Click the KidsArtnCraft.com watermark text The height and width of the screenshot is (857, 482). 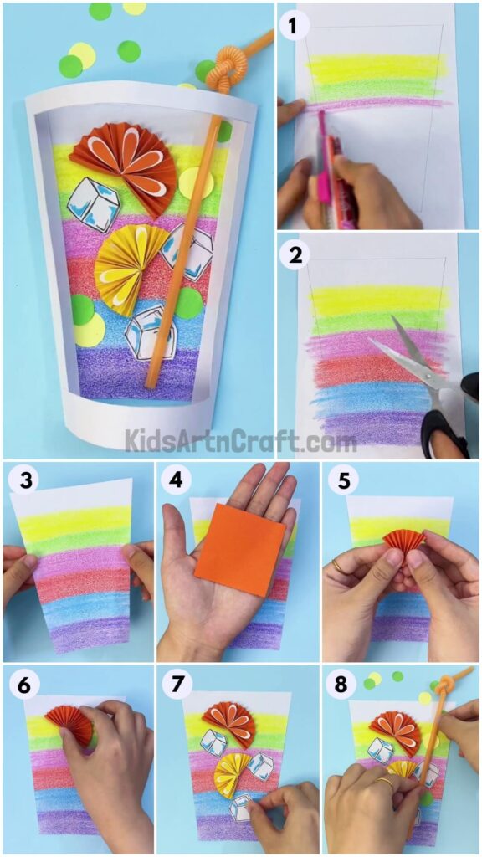[241, 439]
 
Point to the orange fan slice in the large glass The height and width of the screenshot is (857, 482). [126, 163]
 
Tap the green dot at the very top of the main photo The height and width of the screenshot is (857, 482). [100, 10]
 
